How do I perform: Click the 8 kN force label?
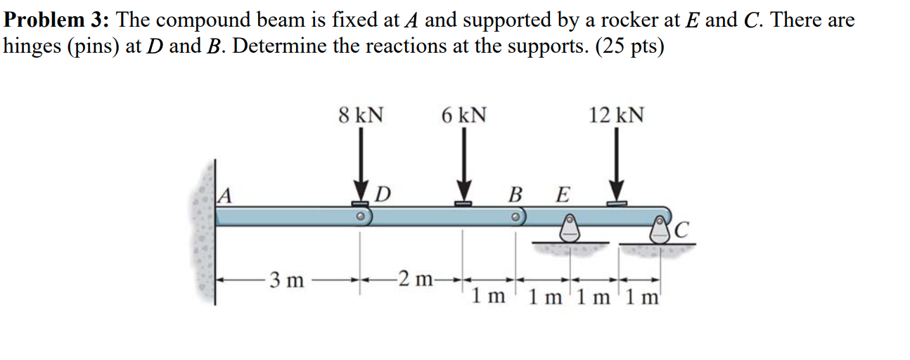(361, 115)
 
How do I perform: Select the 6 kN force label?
(464, 115)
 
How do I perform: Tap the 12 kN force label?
(616, 115)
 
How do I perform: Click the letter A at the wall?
(224, 193)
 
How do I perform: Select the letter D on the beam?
(383, 193)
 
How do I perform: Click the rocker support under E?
(568, 227)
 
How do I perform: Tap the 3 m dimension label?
(288, 282)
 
